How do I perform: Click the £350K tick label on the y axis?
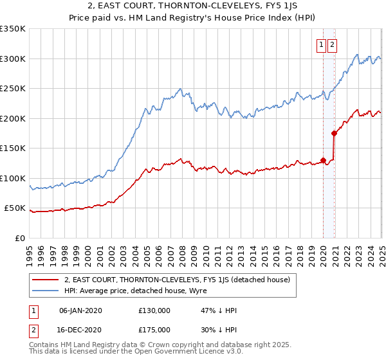pos(13,29)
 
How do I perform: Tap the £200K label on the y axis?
pos(13,118)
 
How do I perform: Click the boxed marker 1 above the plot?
pos(320,45)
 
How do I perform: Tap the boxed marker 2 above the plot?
pos(332,45)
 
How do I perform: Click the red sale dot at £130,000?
pos(323,160)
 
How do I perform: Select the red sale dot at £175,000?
pos(334,134)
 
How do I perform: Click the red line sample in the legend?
pos(46,280)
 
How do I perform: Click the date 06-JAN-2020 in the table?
pos(80,310)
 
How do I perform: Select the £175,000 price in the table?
pos(154,329)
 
